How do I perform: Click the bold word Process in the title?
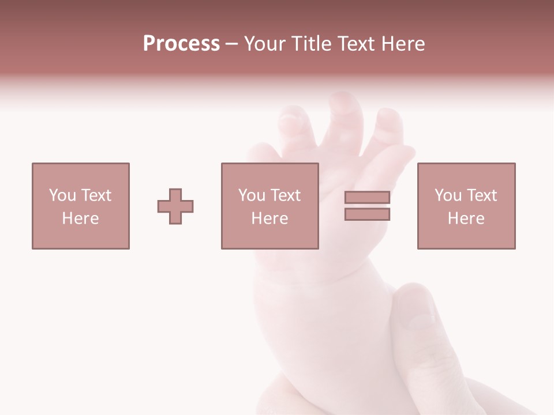tap(181, 43)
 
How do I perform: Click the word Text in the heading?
tap(356, 43)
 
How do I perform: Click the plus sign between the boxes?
tap(175, 206)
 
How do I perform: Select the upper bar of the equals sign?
tap(367, 198)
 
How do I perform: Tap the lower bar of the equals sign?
tap(367, 214)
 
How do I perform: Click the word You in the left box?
tap(62, 195)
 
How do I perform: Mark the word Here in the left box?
tap(80, 218)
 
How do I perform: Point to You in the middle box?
tap(252, 195)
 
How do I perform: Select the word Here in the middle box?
tap(269, 218)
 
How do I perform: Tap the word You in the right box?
tap(448, 195)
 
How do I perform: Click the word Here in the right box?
tap(466, 218)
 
